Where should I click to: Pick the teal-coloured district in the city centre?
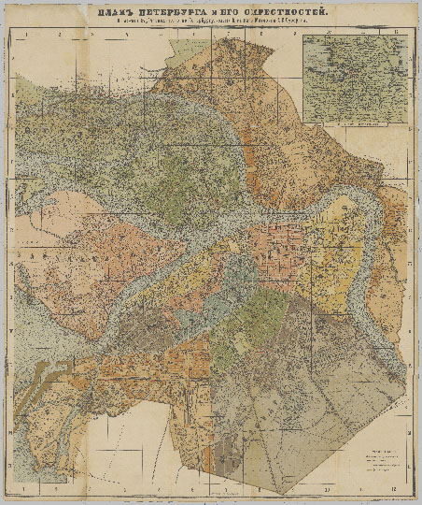[245, 281]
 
